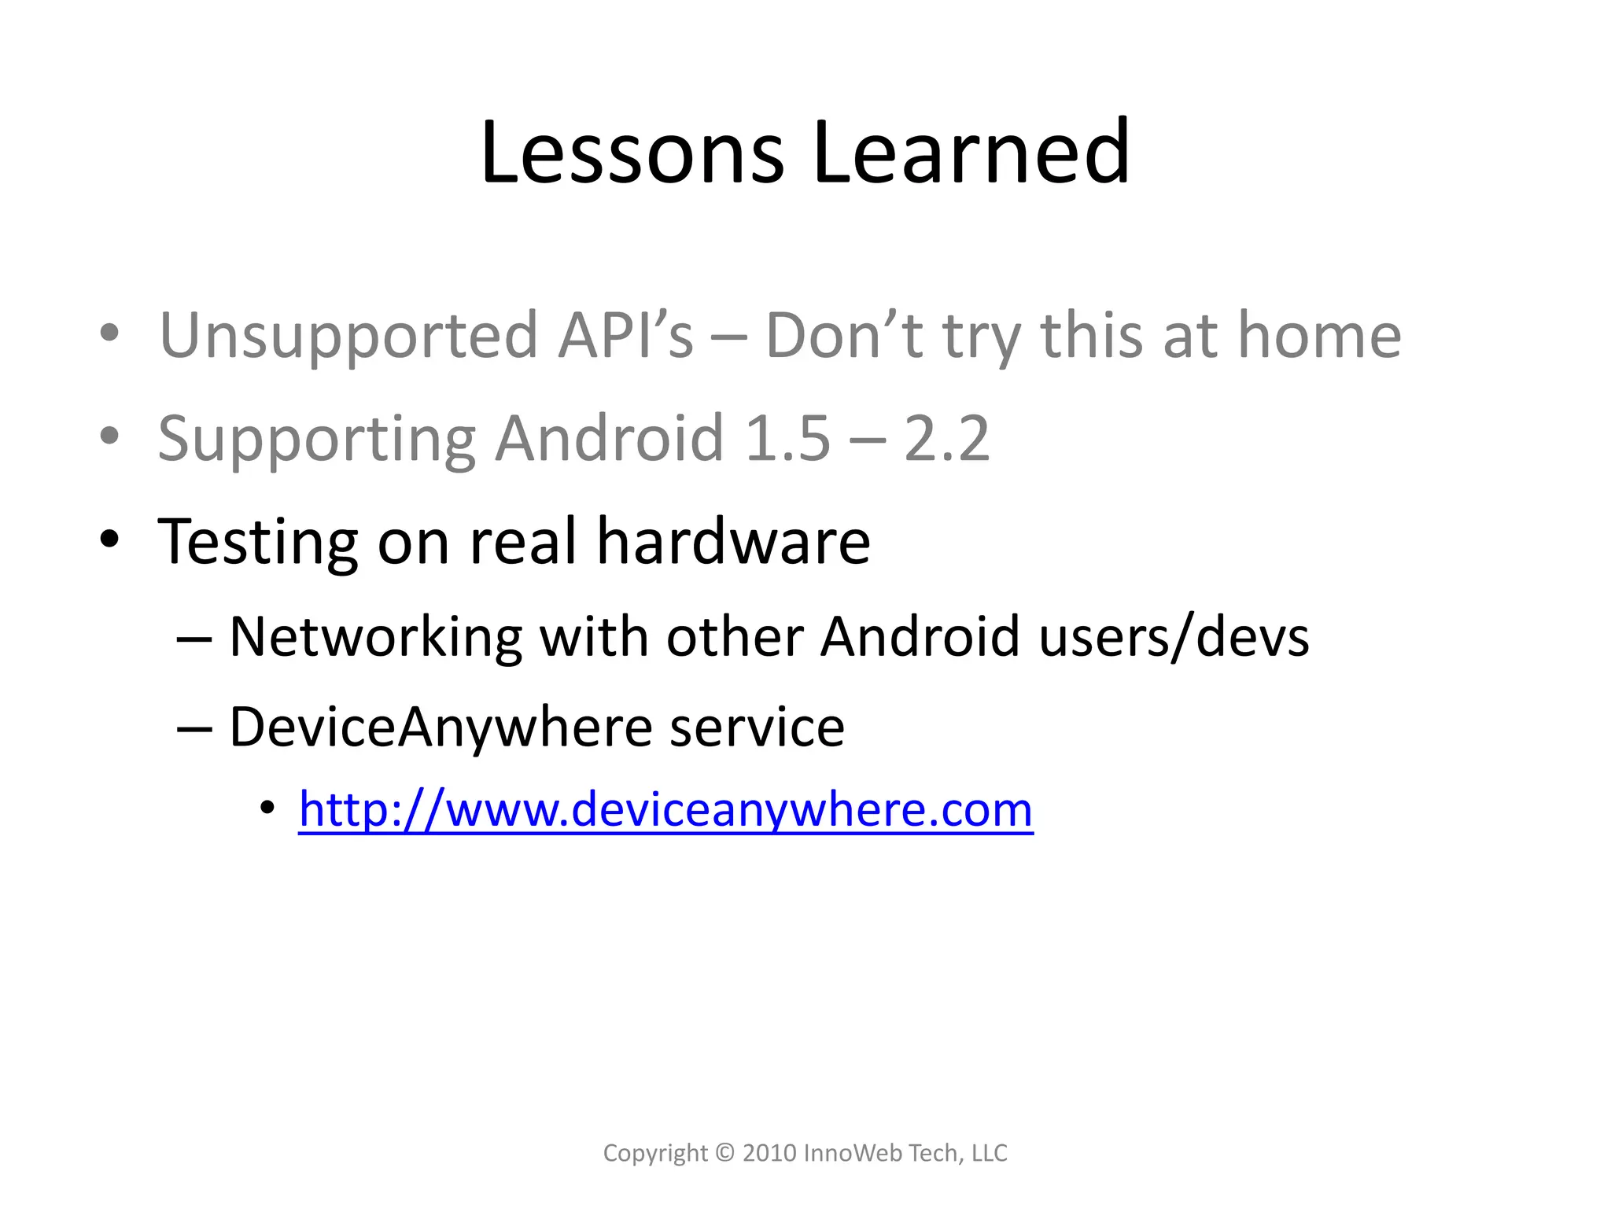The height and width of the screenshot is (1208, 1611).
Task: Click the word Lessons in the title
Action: (632, 153)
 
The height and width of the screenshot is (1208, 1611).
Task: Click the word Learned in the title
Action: (971, 153)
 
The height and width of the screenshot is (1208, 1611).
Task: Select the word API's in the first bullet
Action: (625, 335)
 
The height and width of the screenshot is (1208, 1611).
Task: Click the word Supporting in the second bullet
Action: (316, 439)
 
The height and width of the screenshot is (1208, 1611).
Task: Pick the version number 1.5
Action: (787, 438)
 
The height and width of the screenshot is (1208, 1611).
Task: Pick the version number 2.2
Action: (946, 438)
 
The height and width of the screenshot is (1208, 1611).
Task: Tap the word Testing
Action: (257, 543)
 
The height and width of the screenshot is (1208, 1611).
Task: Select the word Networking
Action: (375, 636)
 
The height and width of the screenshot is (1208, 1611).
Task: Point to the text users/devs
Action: (1174, 636)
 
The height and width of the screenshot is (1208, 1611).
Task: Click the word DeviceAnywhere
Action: (441, 727)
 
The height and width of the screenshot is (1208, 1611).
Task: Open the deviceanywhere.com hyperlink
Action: (665, 810)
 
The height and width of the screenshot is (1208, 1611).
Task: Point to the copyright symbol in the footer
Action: (725, 1153)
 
